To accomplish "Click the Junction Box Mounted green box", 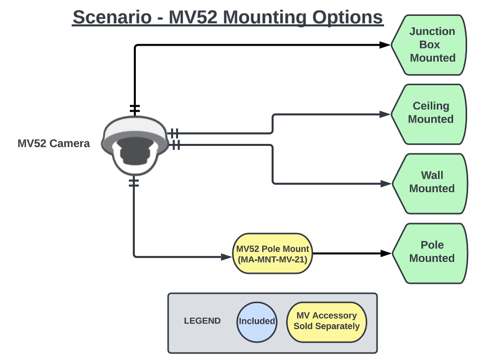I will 430,45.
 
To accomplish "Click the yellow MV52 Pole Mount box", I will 273,254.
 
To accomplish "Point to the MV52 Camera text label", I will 54,144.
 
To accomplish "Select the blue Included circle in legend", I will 257,322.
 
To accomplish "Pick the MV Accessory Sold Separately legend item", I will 326,322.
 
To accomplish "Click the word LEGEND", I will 202,321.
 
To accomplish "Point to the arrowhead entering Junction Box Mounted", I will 385,45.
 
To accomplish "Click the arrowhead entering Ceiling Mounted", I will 385,114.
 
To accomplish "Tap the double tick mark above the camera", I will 134,109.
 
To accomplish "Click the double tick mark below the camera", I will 134,182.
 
